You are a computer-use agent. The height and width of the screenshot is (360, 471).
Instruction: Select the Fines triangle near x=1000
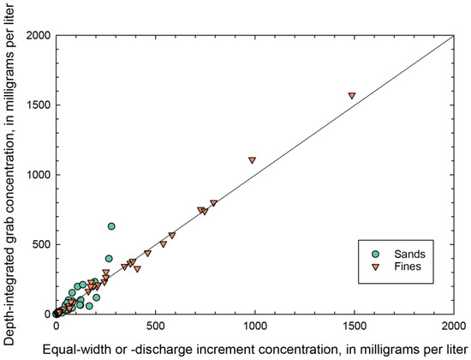pos(252,160)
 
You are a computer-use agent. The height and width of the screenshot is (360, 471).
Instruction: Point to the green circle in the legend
pos(377,254)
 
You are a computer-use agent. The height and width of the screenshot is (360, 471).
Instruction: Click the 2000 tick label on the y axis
pos(34,35)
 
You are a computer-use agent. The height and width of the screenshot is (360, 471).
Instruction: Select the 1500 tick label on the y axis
pos(34,105)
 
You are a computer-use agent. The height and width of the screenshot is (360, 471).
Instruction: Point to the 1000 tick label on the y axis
pos(34,175)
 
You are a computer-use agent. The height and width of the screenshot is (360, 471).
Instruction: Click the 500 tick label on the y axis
pos(37,244)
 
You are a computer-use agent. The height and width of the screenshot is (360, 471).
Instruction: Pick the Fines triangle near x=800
pos(213,204)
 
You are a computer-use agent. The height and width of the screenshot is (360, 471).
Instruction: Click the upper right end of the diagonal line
pos(453,35)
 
